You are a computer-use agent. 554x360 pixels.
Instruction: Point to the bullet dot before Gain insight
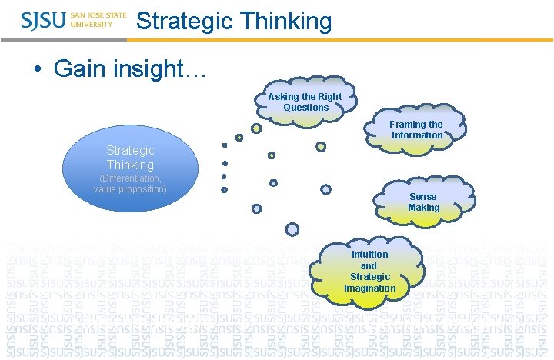[x=38, y=69]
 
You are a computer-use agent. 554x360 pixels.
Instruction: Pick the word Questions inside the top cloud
[x=305, y=108]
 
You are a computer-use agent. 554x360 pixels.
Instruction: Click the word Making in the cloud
[x=423, y=208]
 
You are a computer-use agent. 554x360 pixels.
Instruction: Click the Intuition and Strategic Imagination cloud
[x=369, y=271]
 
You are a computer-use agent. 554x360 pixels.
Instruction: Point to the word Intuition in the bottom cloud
[x=369, y=255]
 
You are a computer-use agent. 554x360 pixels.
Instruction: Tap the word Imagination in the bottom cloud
[x=369, y=288]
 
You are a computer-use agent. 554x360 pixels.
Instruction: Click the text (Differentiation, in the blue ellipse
[x=130, y=178]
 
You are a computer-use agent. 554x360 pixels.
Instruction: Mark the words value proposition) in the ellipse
[x=130, y=189]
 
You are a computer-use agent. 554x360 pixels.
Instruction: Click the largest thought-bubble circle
[x=292, y=228]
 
